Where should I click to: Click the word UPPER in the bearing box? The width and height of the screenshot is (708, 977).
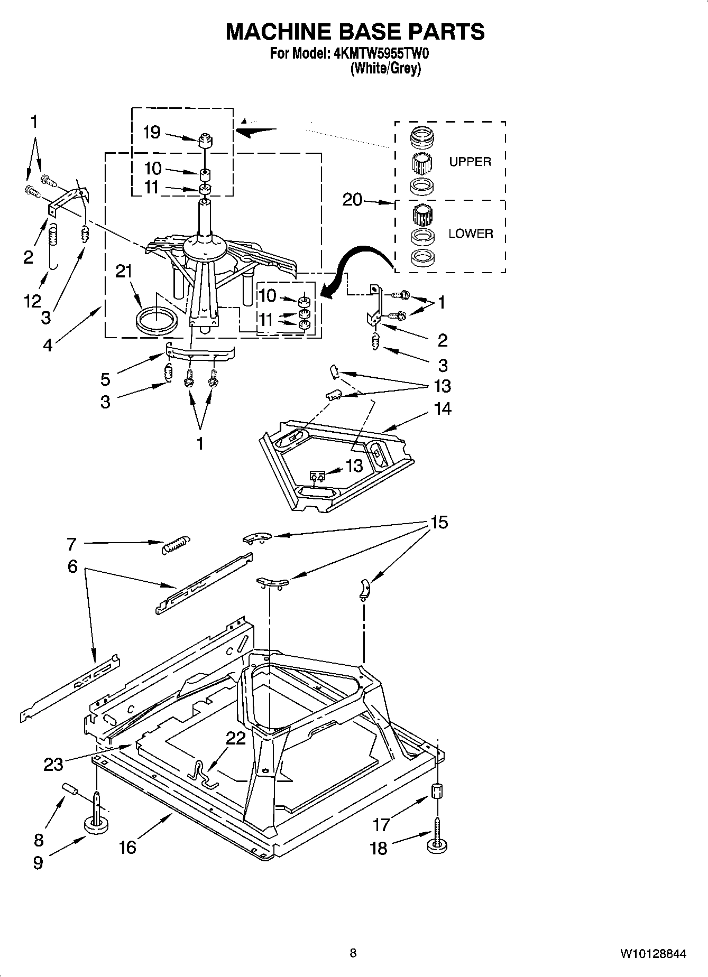coord(470,162)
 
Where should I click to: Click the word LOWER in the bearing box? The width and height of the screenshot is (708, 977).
coord(471,233)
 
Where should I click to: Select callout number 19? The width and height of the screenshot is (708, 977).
coord(152,132)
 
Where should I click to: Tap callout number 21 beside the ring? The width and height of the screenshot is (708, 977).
coord(123,271)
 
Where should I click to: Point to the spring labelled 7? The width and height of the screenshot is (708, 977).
coord(175,544)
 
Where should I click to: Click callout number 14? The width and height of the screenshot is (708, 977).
coord(443,408)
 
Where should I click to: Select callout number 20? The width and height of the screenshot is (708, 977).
coord(353,200)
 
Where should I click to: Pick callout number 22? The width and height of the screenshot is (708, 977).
coord(236,738)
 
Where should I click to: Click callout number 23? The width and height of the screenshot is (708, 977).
coord(53,764)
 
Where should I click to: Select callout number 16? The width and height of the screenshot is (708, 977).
coord(127,847)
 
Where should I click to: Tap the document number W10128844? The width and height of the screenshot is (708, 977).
coord(654,954)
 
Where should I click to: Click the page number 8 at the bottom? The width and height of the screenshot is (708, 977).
coord(353,953)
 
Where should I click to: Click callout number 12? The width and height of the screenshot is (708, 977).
coord(32,301)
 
